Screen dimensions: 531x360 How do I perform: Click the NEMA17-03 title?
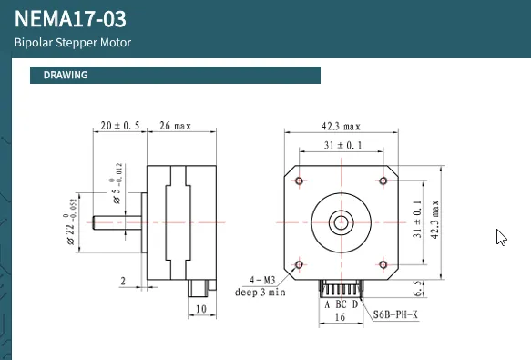70,19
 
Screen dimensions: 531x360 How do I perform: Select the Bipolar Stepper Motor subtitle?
73,43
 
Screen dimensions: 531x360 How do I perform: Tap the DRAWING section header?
66,75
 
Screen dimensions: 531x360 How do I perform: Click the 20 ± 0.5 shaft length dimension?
120,126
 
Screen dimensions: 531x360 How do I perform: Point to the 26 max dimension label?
175,126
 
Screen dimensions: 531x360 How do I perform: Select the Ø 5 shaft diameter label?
117,183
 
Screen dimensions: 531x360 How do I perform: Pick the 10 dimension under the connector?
200,309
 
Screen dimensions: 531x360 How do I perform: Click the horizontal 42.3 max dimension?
341,127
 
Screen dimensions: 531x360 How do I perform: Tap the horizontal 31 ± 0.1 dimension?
343,146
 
